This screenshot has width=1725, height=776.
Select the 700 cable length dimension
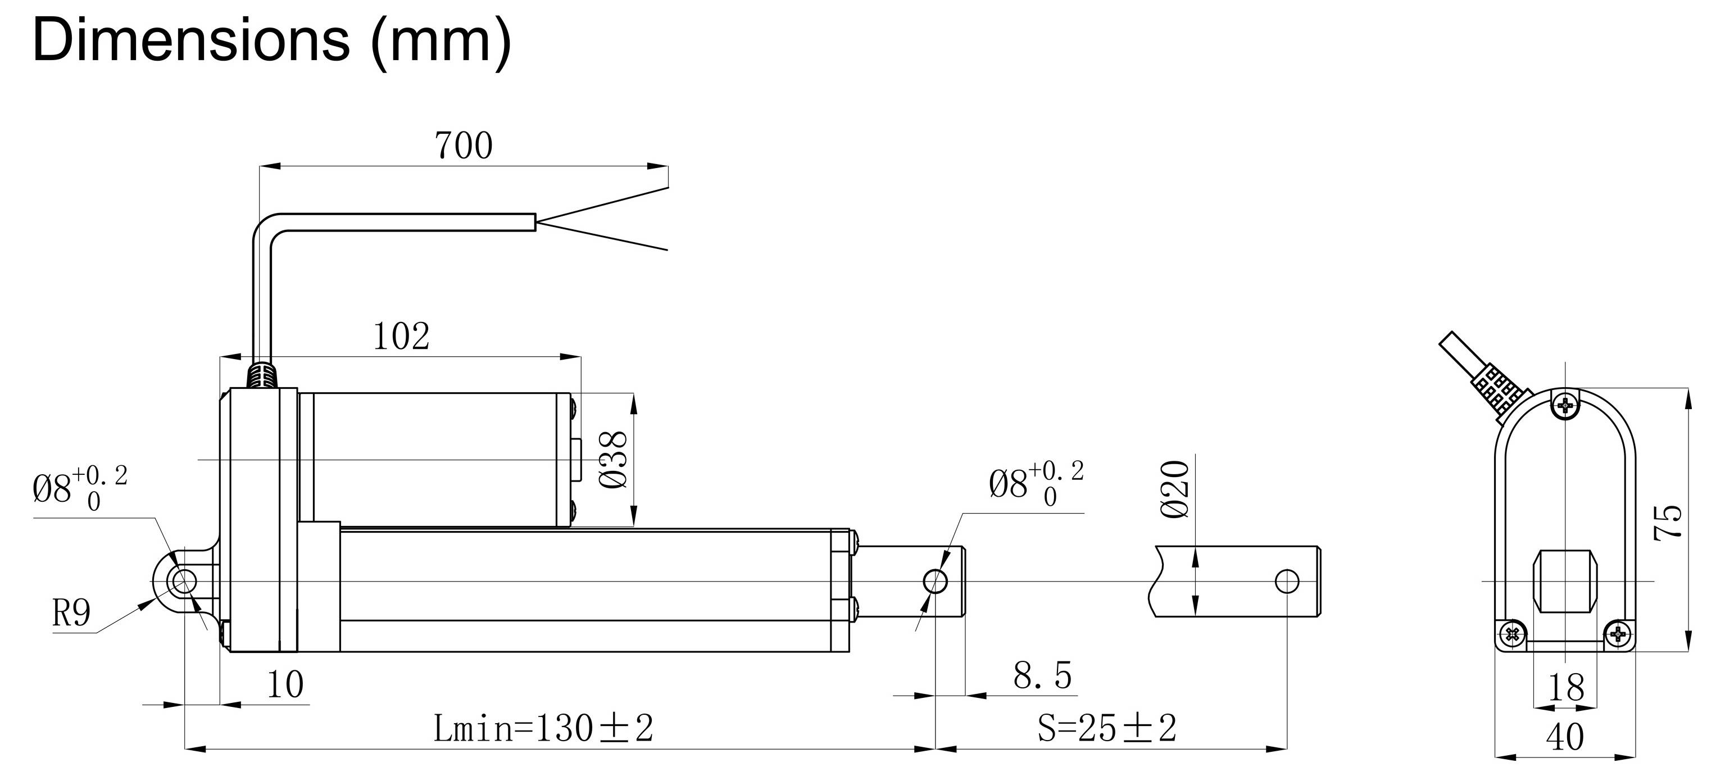(464, 146)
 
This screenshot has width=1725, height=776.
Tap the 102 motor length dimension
(401, 337)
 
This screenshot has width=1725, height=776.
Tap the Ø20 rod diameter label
(1177, 489)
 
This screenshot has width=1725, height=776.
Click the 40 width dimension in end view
(1565, 737)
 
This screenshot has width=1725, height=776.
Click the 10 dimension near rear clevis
(285, 684)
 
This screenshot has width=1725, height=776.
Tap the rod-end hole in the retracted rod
(936, 581)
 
